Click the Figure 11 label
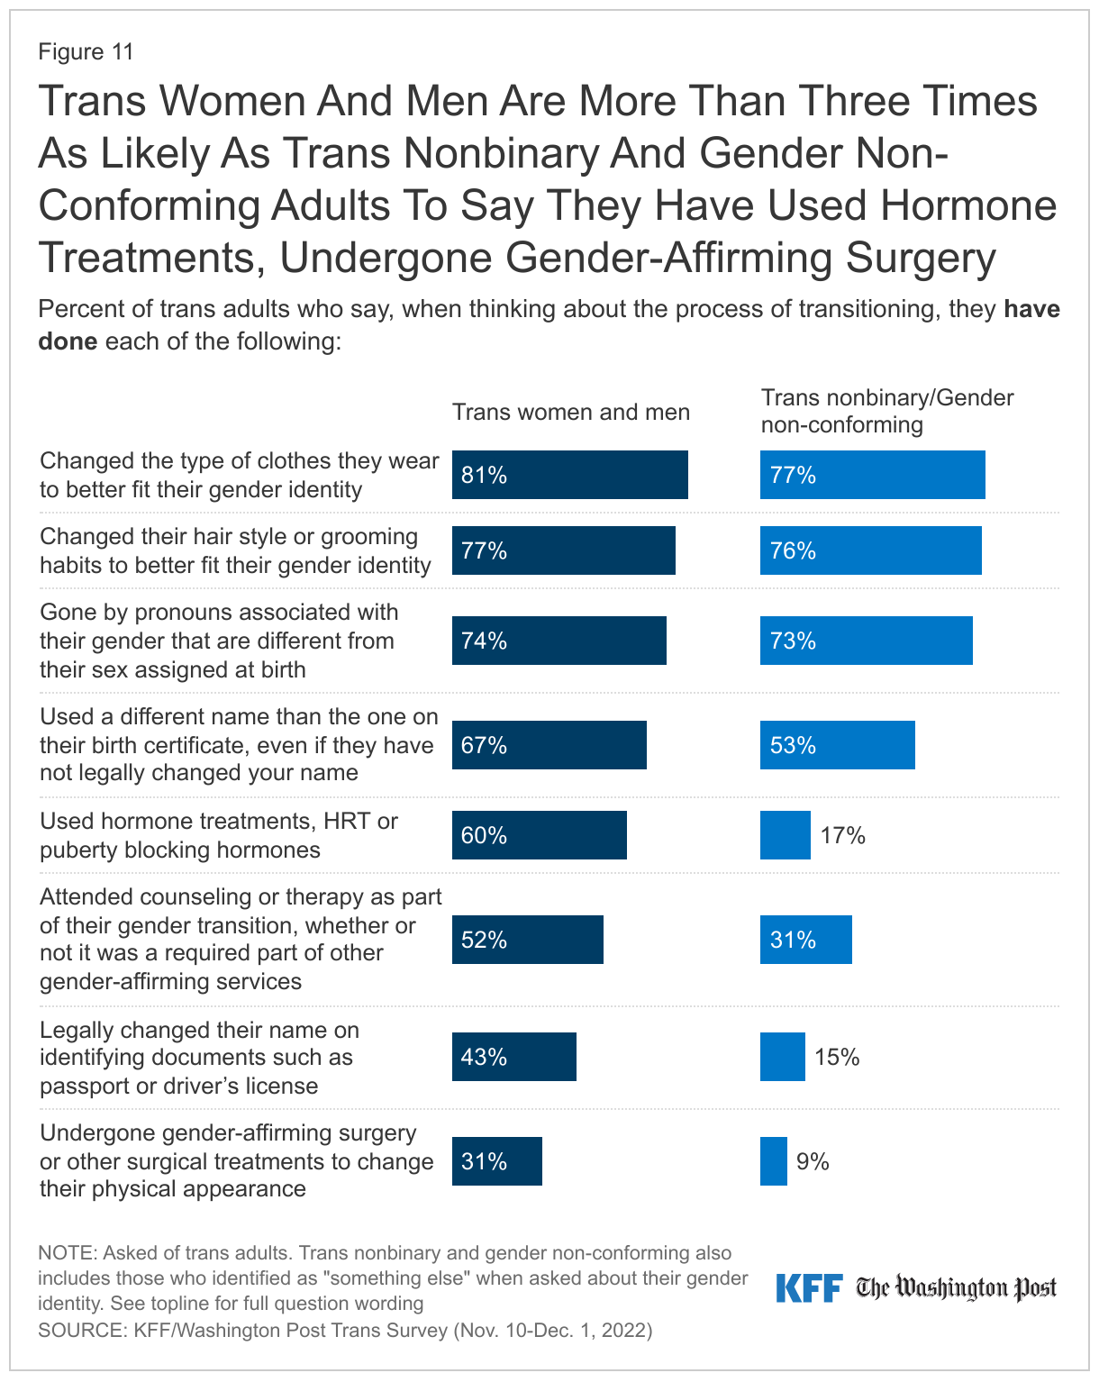click(86, 52)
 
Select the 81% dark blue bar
click(569, 475)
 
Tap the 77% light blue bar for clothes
click(872, 475)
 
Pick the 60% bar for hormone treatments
click(539, 835)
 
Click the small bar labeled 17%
click(785, 835)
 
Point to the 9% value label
click(812, 1162)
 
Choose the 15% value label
click(837, 1058)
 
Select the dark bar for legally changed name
click(513, 1057)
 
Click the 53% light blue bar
click(837, 745)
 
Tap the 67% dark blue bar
click(549, 745)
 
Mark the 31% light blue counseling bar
click(805, 940)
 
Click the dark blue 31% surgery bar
click(496, 1161)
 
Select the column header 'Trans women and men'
click(570, 413)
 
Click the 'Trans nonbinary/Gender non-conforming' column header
click(886, 411)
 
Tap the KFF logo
click(809, 1287)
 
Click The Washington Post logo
click(956, 1288)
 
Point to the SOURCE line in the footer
click(344, 1330)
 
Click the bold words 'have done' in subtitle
click(1031, 310)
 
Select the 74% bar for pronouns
click(559, 641)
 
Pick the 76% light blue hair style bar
click(870, 550)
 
